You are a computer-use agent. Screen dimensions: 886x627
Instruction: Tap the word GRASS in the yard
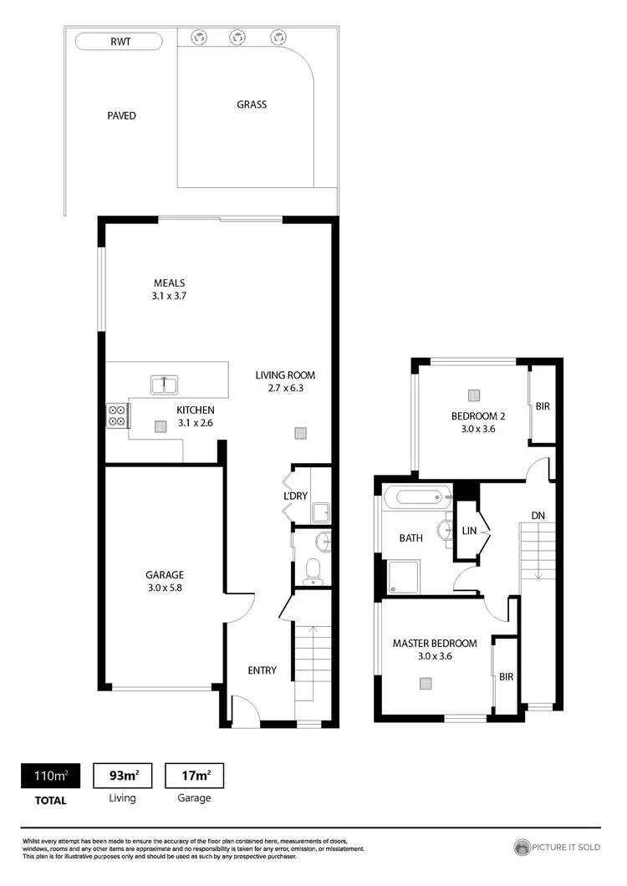coord(252,104)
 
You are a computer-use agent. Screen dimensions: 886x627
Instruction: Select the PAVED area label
coord(121,115)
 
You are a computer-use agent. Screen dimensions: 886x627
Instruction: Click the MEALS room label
coord(169,283)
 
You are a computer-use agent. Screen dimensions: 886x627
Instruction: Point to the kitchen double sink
coord(164,385)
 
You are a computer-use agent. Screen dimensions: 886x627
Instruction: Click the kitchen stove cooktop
coord(116,415)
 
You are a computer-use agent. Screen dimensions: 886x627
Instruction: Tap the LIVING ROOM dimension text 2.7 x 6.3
coord(285,389)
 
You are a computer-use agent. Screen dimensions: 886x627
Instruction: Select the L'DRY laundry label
coord(296,496)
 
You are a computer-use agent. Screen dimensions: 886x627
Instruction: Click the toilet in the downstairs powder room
coord(313,568)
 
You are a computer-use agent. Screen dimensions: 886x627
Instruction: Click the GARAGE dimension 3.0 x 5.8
coord(164,588)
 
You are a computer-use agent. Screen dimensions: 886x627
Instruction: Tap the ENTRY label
coord(262,670)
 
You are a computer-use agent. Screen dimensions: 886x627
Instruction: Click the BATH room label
coord(410,538)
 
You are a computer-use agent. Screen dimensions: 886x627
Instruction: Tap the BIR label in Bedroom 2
coord(543,405)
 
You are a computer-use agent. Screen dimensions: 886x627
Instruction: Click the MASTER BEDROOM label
coord(435,643)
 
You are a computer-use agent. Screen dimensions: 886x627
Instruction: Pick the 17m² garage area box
coord(195,777)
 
